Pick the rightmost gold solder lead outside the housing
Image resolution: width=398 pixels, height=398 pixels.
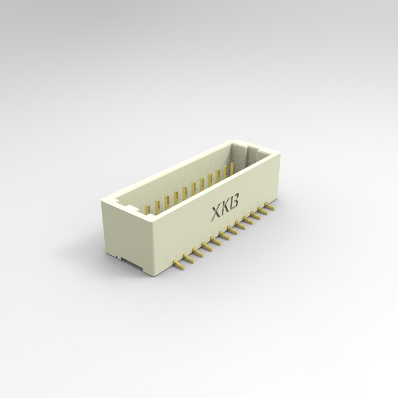pos(270,206)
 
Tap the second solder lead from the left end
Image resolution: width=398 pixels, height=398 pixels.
pos(188,257)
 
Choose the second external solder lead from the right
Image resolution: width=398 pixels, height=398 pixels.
pos(263,211)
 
